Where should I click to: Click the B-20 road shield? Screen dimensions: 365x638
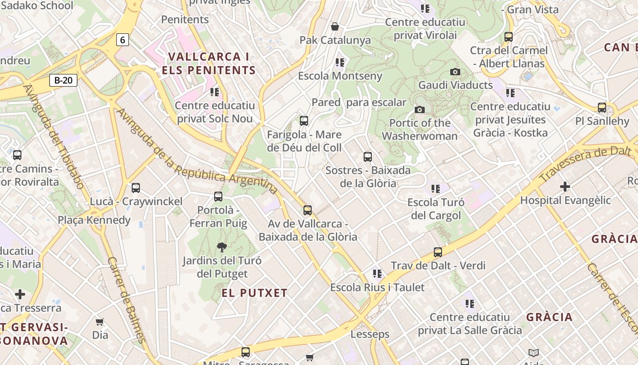(x=63, y=80)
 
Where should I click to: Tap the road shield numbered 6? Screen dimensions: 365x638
(x=122, y=40)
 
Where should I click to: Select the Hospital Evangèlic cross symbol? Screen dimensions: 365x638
(x=565, y=187)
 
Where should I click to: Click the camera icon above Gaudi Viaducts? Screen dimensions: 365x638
(x=455, y=72)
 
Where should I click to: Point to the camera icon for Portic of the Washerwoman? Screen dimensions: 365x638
(x=420, y=109)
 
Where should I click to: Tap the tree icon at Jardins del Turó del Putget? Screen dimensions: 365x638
(x=222, y=247)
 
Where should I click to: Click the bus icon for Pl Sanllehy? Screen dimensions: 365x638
(x=602, y=108)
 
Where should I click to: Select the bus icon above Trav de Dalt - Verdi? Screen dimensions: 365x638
(x=438, y=252)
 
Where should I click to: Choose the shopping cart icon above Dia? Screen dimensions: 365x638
(x=100, y=322)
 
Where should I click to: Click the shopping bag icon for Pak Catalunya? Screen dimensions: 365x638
(x=335, y=26)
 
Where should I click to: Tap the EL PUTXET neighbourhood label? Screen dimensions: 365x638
(x=255, y=293)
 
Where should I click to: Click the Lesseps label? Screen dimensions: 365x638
(x=370, y=334)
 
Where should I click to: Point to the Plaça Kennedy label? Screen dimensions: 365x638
(x=94, y=220)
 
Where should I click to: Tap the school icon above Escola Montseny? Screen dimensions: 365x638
(x=340, y=62)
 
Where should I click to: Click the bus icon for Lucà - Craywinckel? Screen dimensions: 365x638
(x=136, y=188)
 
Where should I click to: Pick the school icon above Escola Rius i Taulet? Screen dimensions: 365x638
(x=377, y=273)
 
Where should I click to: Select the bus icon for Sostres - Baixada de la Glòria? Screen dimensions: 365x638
(x=368, y=157)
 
